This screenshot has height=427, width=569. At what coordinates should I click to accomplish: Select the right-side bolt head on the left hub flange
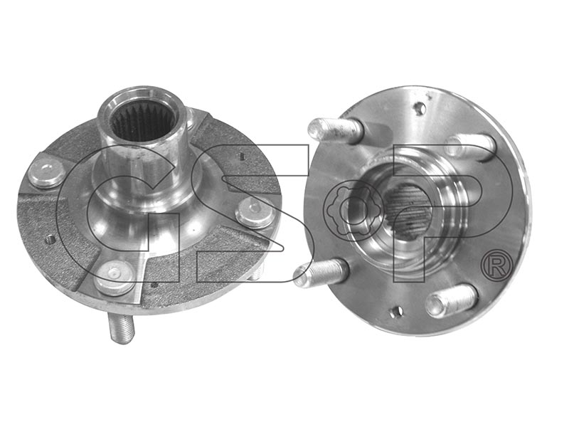(255, 212)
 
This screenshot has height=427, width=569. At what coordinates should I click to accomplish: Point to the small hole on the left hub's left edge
(50, 240)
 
